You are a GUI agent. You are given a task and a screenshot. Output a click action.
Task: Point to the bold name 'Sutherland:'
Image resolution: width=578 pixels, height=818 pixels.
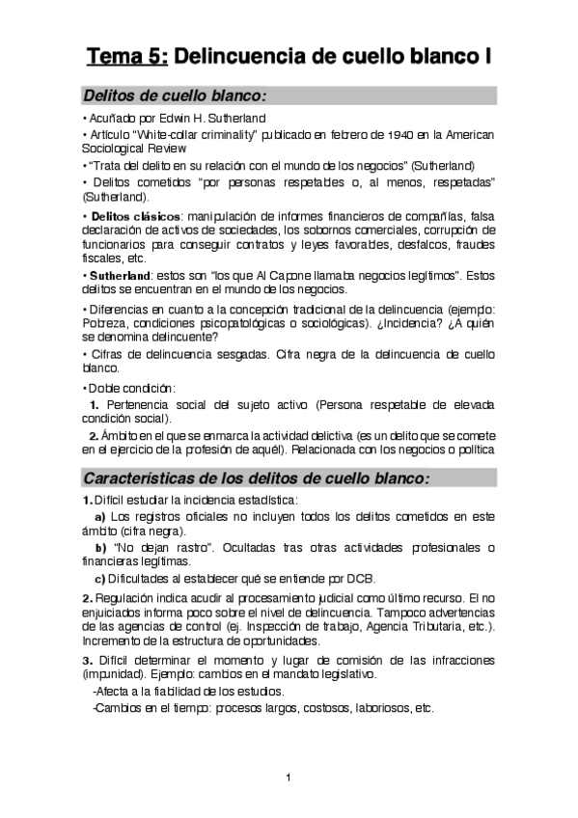point(120,275)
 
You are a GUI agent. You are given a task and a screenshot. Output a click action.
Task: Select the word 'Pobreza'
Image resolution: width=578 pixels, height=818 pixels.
point(105,322)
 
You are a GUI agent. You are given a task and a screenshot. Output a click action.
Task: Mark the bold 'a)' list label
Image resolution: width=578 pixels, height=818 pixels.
point(99,516)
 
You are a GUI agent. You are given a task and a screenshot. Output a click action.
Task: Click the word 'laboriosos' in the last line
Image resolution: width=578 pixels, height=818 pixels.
point(374,706)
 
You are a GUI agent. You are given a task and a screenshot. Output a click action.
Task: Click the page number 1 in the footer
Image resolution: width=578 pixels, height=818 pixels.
point(289,777)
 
